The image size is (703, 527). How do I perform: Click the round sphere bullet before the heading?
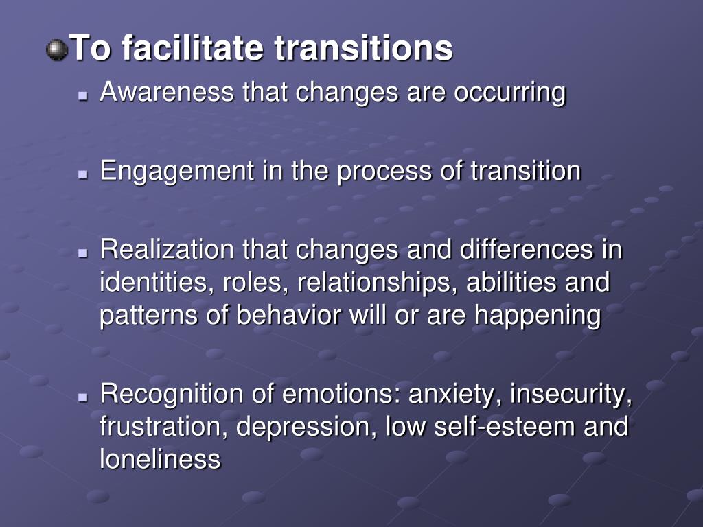[x=56, y=50]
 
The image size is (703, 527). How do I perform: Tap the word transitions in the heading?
[x=363, y=49]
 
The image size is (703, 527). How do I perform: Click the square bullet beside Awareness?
[x=83, y=96]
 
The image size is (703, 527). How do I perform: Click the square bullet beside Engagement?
[x=83, y=175]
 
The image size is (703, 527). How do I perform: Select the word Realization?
[x=168, y=250]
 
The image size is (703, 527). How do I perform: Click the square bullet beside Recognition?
[x=83, y=398]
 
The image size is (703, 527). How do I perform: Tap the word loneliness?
[x=160, y=458]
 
